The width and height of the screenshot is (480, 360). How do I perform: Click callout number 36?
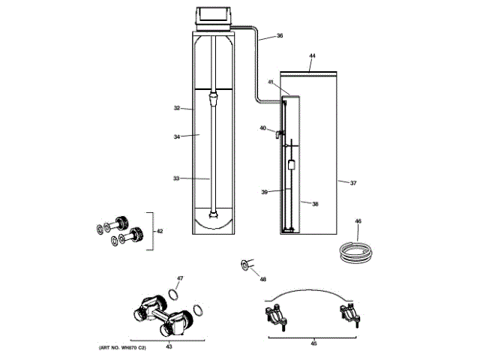tap(279, 36)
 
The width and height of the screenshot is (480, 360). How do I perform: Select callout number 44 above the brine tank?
tap(312, 56)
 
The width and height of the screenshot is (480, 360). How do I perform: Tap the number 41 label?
tap(271, 82)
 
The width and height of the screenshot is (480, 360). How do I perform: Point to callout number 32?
tap(177, 108)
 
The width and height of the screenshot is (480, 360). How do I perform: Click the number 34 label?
tap(177, 136)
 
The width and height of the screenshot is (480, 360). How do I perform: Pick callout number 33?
tap(176, 178)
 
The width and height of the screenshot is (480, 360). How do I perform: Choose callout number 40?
tap(263, 128)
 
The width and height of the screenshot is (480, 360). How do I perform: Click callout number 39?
tap(265, 193)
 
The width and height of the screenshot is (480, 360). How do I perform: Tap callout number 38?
tap(315, 204)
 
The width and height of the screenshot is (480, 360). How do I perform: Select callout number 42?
tap(159, 231)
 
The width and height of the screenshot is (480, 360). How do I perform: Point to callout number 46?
tap(358, 221)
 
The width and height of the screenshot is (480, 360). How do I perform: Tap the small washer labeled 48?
tap(244, 263)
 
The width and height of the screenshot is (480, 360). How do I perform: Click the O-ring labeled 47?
tap(173, 292)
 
